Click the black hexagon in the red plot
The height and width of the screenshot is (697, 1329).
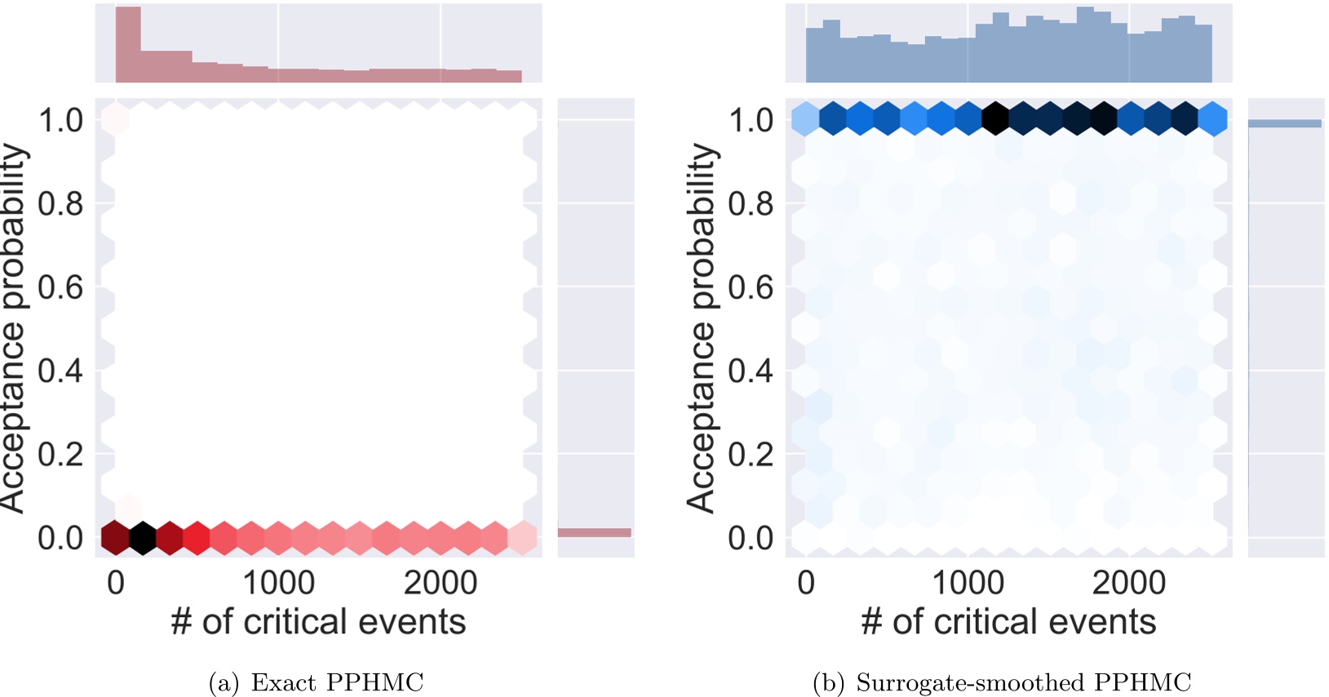pos(143,538)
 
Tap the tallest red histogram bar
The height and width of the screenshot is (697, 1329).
pos(128,45)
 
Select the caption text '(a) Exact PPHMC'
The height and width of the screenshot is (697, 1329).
pos(317,682)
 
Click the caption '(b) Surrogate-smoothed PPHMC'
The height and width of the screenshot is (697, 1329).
pos(1002,682)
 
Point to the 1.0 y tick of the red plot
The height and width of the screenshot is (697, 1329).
pos(61,121)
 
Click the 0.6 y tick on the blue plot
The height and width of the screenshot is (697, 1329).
pos(751,287)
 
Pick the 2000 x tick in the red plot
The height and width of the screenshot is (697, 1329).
pos(441,583)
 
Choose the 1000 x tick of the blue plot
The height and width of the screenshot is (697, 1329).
pos(968,583)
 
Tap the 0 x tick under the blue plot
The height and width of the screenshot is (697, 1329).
pos(806,583)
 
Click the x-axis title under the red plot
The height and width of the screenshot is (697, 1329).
pos(318,622)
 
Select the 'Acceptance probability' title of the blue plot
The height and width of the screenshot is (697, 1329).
pos(702,328)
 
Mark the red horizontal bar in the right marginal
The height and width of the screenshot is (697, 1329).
pos(594,533)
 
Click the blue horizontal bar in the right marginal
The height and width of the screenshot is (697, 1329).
pos(1284,123)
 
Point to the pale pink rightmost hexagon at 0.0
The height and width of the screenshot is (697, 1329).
pos(522,538)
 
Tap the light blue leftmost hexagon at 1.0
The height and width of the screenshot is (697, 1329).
pos(806,118)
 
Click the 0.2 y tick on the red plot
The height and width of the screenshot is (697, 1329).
pos(61,454)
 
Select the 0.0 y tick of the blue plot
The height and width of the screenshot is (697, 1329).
pos(751,538)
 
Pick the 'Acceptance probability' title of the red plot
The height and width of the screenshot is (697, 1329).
pos(12,328)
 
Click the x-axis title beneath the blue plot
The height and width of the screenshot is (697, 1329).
pos(1008,622)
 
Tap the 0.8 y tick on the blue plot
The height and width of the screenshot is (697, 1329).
pos(751,204)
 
